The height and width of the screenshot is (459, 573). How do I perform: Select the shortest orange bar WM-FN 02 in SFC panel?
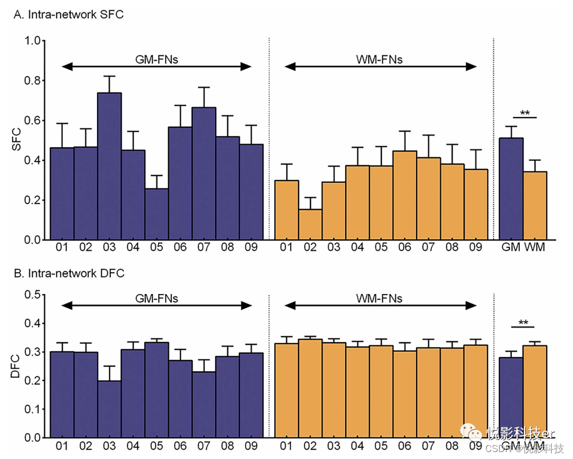(x=310, y=224)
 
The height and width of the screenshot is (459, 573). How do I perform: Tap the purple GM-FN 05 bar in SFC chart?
(x=156, y=214)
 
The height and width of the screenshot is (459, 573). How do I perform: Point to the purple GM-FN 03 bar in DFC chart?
(x=109, y=409)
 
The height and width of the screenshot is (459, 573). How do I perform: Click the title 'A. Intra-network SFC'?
(x=68, y=14)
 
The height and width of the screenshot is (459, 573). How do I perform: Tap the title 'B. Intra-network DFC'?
(x=69, y=273)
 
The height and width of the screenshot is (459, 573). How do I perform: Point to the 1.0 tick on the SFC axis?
(x=33, y=41)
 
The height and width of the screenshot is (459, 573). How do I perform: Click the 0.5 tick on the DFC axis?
(x=33, y=295)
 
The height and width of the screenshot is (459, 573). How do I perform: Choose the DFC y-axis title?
(x=17, y=366)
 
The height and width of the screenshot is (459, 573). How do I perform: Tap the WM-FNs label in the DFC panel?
(x=379, y=299)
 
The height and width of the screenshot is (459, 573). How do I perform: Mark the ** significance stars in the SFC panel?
(x=525, y=112)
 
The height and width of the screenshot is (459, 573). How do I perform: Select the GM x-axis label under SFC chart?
(x=510, y=248)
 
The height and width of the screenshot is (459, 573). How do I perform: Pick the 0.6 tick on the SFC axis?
(x=33, y=121)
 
